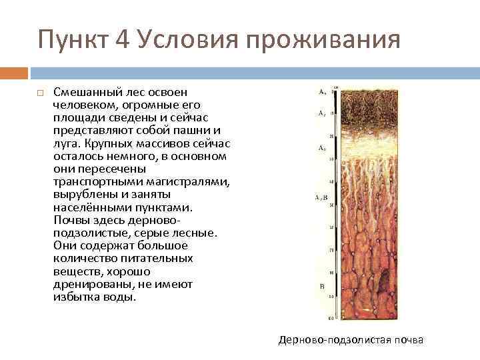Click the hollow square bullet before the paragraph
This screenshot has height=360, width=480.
pos(40,93)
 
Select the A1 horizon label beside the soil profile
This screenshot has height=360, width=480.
pos(321,113)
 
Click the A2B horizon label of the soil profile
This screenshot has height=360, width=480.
pos(321,198)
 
